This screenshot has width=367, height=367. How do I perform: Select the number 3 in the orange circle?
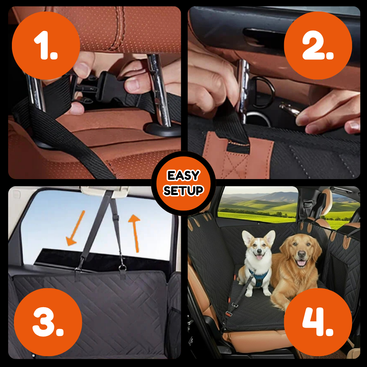[x=48, y=321]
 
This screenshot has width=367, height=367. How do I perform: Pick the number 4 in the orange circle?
[x=317, y=321]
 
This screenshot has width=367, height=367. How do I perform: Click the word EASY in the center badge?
[x=183, y=176]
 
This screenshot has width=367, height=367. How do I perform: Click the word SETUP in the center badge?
[x=183, y=190]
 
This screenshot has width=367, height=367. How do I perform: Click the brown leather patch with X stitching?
[x=238, y=155]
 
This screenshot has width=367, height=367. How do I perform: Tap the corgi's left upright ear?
[x=247, y=238]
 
